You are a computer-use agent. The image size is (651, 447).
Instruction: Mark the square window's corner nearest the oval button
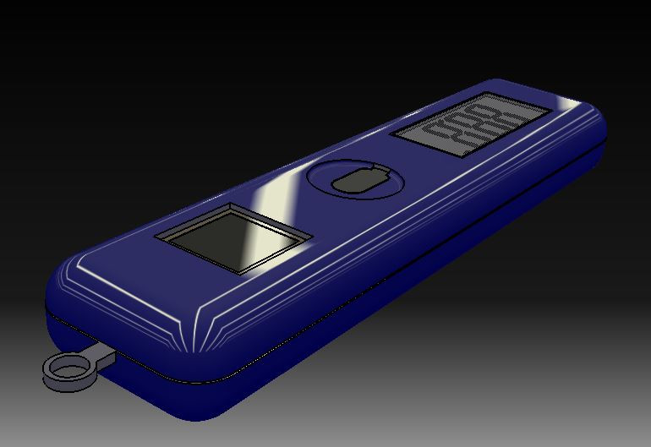pos(312,236)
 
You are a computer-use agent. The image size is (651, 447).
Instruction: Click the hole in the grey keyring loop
pos(66,368)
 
